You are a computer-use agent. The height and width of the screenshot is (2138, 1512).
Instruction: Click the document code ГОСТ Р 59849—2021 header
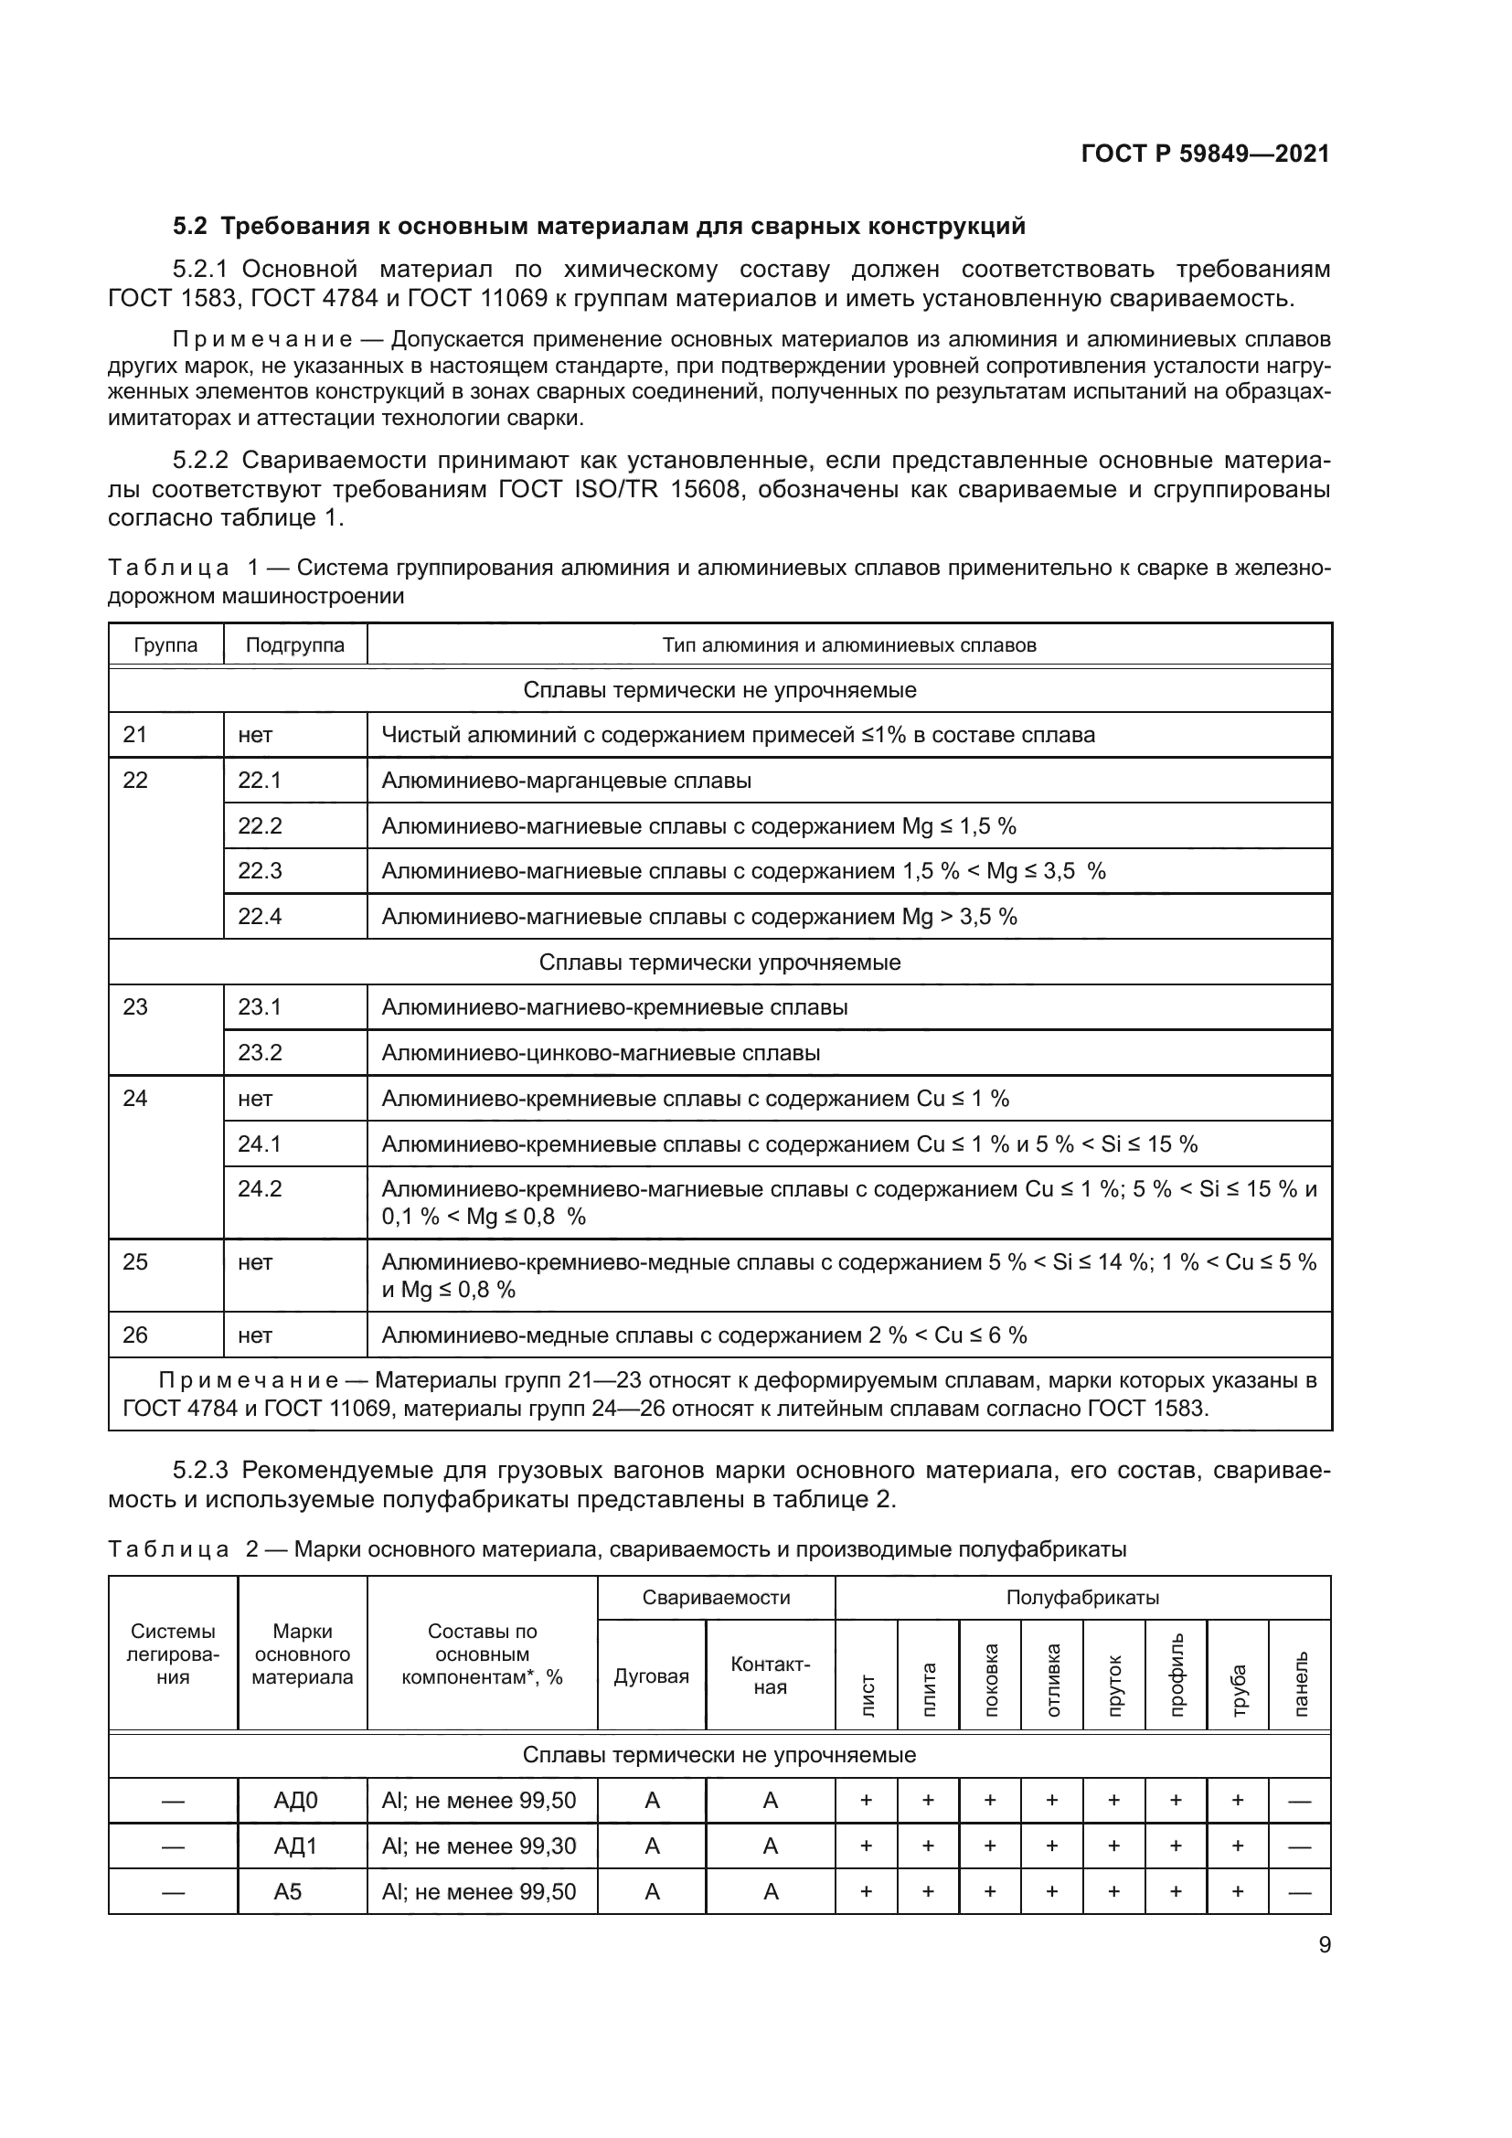pos(1205,154)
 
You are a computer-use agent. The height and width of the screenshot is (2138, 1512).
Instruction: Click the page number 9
pos(1324,1945)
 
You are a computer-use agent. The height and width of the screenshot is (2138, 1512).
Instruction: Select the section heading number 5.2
pos(191,227)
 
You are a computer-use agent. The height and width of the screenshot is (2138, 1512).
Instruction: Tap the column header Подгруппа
pos(294,645)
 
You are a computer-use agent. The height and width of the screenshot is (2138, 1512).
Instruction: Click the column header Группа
pos(165,645)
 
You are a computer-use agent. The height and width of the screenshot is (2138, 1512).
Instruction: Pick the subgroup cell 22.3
pos(260,871)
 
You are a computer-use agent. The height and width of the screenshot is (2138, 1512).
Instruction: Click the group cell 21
pos(135,735)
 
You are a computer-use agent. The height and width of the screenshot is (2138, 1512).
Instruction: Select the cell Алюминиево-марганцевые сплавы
pos(566,781)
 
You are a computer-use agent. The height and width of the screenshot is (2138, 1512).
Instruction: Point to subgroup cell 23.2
pos(260,1053)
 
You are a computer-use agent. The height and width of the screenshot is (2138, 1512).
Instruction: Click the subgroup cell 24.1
pos(260,1143)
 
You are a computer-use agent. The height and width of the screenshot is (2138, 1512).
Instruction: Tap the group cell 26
pos(135,1335)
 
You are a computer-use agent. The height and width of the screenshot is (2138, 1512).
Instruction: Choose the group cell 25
pos(135,1261)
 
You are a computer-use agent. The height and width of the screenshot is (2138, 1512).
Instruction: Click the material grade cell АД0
pos(296,1801)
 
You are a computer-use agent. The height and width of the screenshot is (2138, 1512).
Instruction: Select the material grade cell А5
pos(288,1891)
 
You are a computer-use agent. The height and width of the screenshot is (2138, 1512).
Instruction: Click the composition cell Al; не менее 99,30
pos(478,1845)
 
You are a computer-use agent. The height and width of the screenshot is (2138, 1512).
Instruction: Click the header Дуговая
pos(651,1677)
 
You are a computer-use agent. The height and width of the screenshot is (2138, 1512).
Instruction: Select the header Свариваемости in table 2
pos(716,1598)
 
